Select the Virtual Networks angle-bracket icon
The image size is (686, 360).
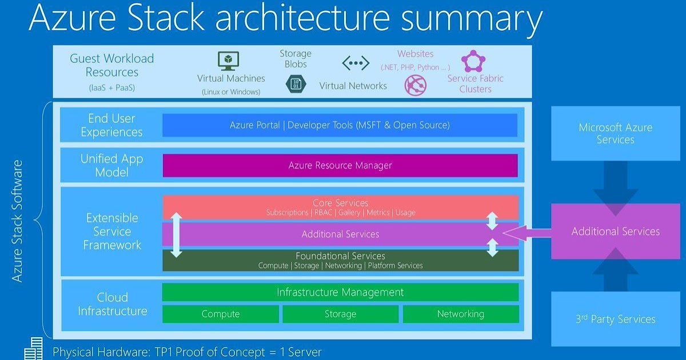[x=356, y=63]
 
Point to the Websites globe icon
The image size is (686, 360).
[x=416, y=85]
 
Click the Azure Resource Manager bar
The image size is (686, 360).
[x=340, y=166]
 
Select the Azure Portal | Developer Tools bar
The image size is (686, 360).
[x=340, y=125]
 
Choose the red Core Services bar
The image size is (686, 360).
[x=340, y=207]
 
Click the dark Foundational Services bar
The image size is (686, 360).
[x=340, y=261]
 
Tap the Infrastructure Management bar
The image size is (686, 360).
[x=340, y=292]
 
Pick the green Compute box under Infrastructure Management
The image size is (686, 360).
[x=221, y=314]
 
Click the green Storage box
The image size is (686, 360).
[x=340, y=314]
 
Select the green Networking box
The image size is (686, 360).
[x=461, y=314]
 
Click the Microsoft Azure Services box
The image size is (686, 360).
[x=615, y=133]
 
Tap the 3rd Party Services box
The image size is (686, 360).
[x=615, y=319]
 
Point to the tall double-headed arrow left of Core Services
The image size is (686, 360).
[x=177, y=235]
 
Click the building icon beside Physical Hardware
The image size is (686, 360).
[x=34, y=349]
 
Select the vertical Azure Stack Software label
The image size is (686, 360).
[x=18, y=221]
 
